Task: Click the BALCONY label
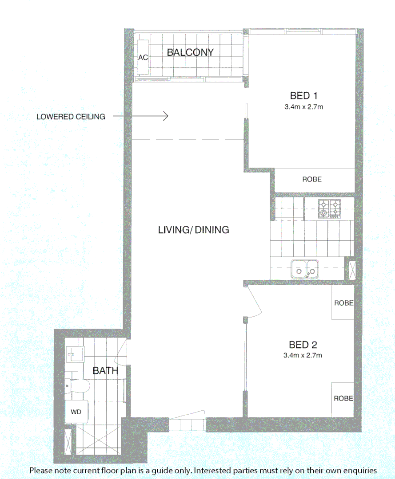tap(190, 52)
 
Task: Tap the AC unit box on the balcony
tap(143, 58)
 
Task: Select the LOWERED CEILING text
tap(71, 117)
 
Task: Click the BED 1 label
tap(303, 95)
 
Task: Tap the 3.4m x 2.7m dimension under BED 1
tap(303, 106)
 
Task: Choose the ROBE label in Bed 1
tap(312, 180)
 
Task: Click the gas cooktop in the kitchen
tap(329, 208)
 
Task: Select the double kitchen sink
tap(304, 269)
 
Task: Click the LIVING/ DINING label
tap(194, 230)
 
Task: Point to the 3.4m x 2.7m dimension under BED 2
tap(303, 355)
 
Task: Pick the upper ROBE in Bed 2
tap(343, 303)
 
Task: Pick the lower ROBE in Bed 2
tap(343, 398)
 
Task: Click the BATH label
tap(105, 371)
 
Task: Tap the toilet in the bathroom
tap(80, 386)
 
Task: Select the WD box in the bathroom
tap(76, 412)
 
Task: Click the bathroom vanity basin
tap(73, 354)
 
